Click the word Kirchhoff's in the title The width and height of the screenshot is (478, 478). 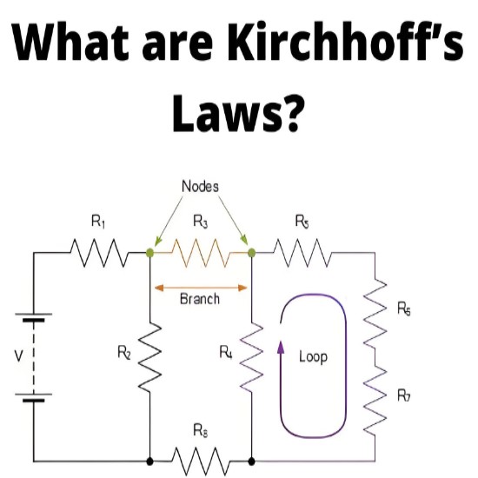coord(346,41)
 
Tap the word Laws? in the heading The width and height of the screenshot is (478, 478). coord(239,112)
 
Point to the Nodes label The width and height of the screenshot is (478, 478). coord(200,186)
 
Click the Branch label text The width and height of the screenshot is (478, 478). coord(200,299)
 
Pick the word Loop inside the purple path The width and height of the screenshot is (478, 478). coord(313,356)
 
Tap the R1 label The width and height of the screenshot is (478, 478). coord(98,222)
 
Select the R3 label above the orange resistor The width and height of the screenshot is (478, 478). coord(201,222)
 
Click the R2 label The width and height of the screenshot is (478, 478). coord(124,353)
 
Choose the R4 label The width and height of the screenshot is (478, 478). coord(226,352)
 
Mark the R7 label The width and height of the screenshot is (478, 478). coord(403,395)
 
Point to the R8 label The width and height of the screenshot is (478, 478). coord(201,430)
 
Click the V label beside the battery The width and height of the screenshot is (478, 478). coord(19,355)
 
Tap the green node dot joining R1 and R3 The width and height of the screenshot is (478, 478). coord(149,252)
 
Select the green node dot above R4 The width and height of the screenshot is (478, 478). coord(251,252)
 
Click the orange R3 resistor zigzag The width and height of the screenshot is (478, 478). coord(201,253)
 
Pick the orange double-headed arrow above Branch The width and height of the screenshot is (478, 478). coord(201,288)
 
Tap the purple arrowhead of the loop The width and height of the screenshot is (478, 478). coord(281,347)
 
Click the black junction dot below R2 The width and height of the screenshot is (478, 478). coord(149,461)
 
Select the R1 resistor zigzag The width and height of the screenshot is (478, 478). coord(99,253)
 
